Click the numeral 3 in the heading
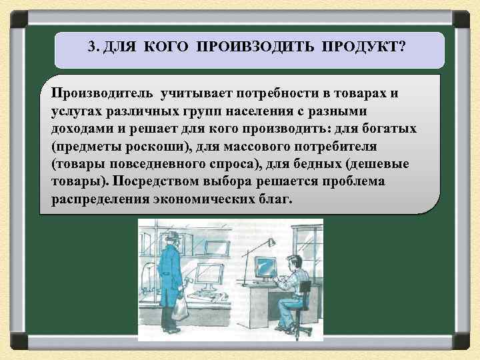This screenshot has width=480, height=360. tap(91, 47)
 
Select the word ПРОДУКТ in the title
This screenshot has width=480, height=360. tap(363, 47)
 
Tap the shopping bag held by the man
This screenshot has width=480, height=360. tap(181, 308)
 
